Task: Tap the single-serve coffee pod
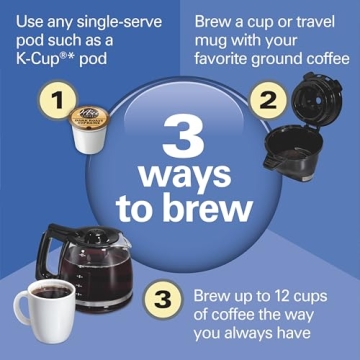tap(91, 126)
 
